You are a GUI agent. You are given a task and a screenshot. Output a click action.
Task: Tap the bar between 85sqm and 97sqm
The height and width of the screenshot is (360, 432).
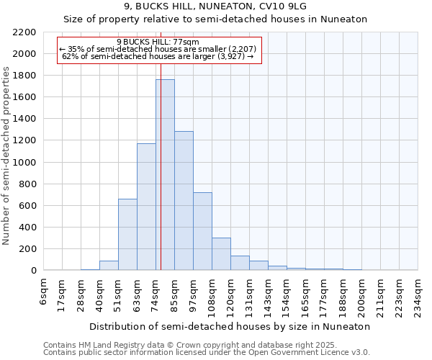tap(184, 201)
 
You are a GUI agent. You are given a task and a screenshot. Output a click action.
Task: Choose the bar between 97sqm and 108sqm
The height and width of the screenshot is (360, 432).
tap(202, 231)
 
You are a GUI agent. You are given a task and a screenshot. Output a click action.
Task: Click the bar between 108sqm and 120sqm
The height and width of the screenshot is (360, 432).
tap(221, 254)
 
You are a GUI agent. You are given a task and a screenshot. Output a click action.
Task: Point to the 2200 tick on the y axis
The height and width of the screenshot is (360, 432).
tap(24, 32)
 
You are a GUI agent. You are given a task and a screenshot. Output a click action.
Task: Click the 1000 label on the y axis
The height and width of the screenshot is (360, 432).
tap(24, 163)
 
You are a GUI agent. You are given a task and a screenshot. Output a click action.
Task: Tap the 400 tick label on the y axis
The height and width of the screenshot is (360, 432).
tap(27, 228)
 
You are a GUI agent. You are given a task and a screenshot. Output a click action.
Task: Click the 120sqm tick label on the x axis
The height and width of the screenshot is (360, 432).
tap(231, 291)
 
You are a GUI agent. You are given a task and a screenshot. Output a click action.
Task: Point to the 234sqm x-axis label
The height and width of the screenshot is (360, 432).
tap(418, 291)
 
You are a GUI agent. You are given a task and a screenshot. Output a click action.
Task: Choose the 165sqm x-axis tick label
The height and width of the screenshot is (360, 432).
tap(306, 291)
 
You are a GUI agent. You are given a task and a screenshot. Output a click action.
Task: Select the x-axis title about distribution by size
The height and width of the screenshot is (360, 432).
tap(230, 326)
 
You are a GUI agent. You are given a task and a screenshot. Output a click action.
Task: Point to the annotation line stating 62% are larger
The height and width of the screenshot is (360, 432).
tap(158, 56)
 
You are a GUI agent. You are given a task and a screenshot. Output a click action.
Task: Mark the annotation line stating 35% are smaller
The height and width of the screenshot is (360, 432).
tap(158, 49)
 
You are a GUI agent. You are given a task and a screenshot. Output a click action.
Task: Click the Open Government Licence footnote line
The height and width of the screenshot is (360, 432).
tap(207, 352)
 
